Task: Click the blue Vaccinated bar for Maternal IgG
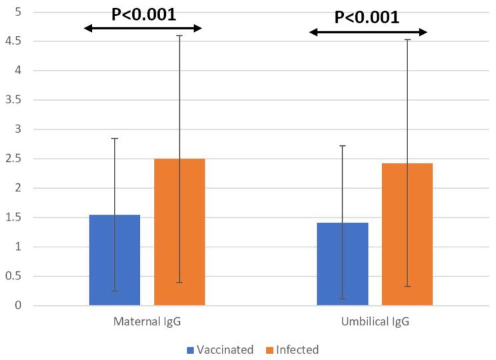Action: (115, 260)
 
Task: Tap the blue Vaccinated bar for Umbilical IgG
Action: (343, 264)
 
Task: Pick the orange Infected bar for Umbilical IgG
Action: (407, 234)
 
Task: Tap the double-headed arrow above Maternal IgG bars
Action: (143, 28)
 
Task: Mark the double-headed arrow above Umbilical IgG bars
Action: (368, 31)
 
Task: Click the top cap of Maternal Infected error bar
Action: (179, 35)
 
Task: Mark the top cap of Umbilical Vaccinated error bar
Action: (343, 145)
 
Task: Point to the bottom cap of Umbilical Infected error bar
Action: (407, 287)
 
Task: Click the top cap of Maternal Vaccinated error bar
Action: (115, 138)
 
